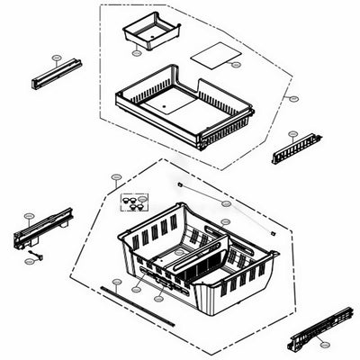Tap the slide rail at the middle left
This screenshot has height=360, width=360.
[x=41, y=229]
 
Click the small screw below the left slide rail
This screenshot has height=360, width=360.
[x=34, y=260]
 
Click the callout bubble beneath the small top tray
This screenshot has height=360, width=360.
[x=137, y=53]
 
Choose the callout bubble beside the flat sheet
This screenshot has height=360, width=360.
[x=236, y=65]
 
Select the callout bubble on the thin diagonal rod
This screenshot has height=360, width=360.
[x=226, y=220]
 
